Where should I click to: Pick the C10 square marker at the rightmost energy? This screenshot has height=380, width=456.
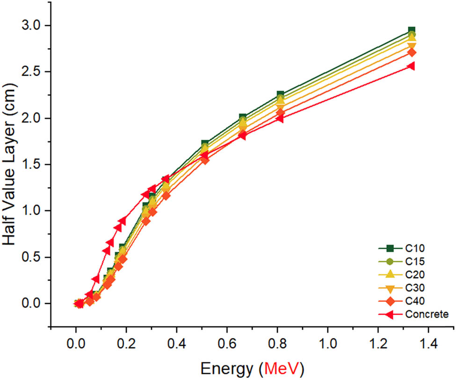(412, 31)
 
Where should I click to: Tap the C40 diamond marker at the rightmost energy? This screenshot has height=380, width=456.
(412, 52)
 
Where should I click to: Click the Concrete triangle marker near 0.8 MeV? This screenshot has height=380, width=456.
(280, 118)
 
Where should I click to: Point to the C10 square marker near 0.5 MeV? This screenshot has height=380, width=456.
(205, 144)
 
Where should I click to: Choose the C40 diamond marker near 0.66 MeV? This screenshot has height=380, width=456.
(242, 134)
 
